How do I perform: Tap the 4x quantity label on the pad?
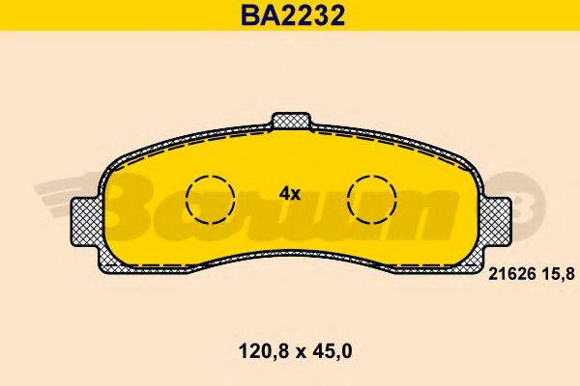click(290, 193)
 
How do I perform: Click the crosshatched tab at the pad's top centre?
click(291, 122)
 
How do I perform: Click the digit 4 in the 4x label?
click(284, 193)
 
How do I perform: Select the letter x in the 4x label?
click(296, 194)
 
